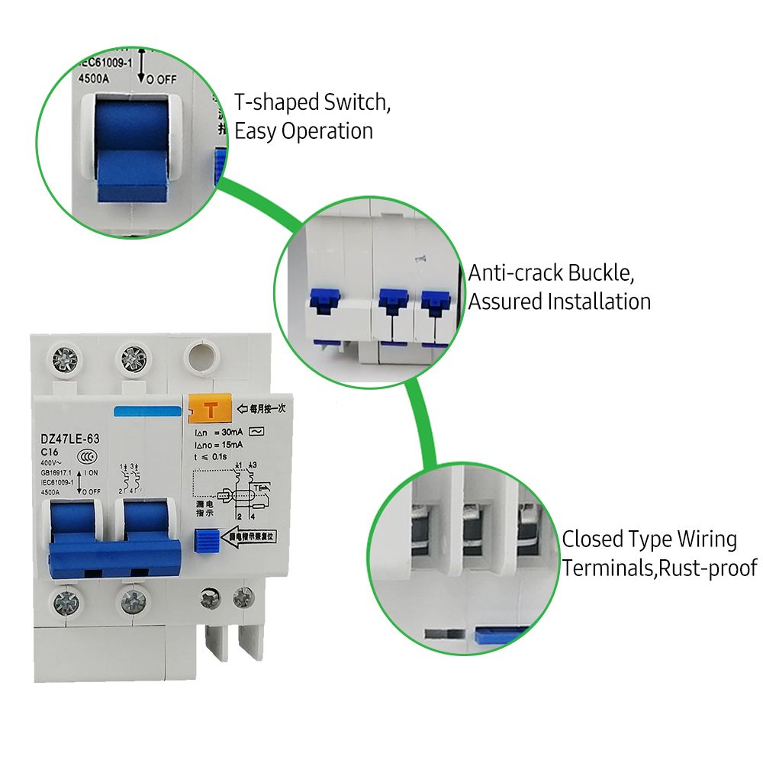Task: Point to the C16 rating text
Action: coord(50,452)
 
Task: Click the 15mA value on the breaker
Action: coord(228,444)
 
